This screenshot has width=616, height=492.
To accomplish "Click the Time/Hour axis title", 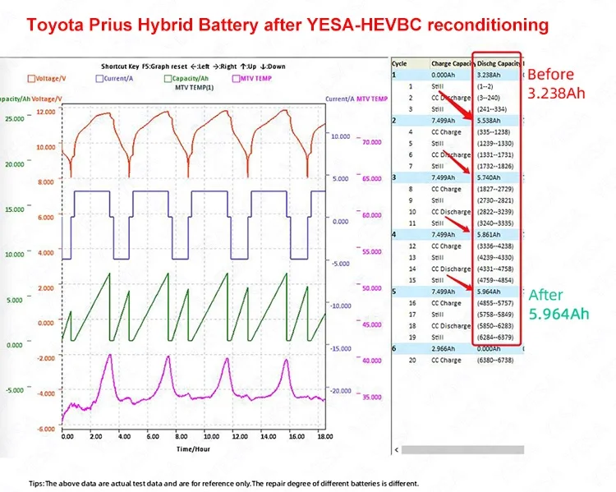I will pyautogui.click(x=194, y=448).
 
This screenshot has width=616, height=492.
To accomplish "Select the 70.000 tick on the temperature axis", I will pyautogui.click(x=372, y=142).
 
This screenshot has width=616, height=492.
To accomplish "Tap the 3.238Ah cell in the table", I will pyautogui.click(x=490, y=74).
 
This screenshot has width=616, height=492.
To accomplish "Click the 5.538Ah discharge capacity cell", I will pyautogui.click(x=490, y=120).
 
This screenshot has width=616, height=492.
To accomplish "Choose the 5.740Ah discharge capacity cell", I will pyautogui.click(x=490, y=177).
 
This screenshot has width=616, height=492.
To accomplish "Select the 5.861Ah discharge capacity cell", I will pyautogui.click(x=490, y=234).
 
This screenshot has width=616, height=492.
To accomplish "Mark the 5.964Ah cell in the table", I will pyautogui.click(x=490, y=292).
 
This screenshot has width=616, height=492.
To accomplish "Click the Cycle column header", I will pyautogui.click(x=400, y=62).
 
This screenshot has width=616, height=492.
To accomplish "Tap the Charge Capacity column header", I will pyautogui.click(x=453, y=62).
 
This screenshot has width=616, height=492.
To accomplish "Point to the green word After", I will pyautogui.click(x=545, y=294).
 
